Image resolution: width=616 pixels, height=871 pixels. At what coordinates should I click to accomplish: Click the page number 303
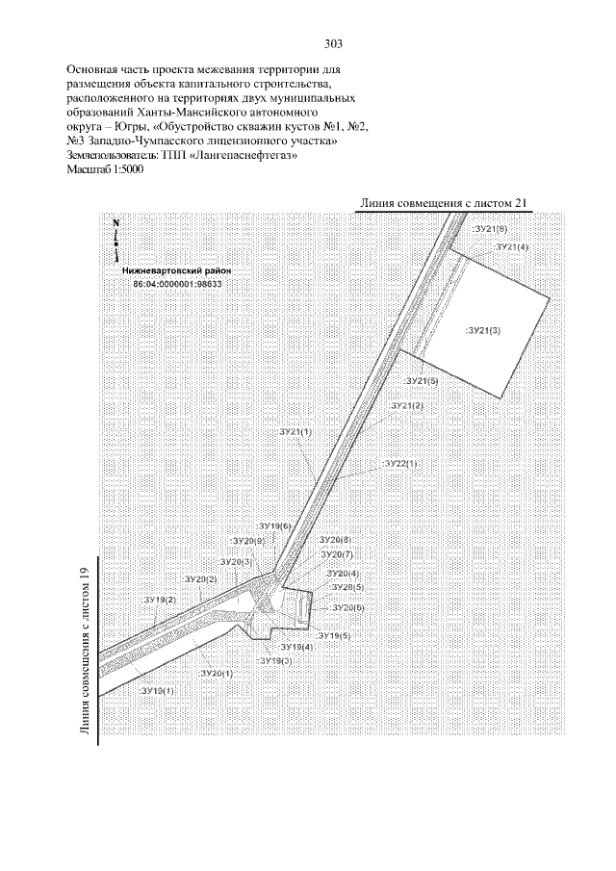coord(334,44)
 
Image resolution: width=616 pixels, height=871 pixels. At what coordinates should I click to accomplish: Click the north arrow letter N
coord(115,222)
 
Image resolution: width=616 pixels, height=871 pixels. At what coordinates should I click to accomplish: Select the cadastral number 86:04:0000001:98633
coord(177,284)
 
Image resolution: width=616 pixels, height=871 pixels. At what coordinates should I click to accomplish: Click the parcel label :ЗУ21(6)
coord(491,229)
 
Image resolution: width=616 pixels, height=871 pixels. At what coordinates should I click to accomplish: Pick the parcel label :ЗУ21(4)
coord(511,247)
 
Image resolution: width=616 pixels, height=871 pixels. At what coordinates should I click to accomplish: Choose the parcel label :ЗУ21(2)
coord(406,406)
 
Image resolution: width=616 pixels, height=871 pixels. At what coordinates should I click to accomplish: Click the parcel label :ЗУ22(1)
coord(400,464)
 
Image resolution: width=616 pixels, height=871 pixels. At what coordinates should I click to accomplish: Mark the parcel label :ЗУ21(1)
coord(295,433)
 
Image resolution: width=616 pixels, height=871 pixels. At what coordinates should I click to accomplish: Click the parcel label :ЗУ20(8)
coord(334,540)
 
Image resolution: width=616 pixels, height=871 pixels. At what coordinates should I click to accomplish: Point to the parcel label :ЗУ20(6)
coord(346,608)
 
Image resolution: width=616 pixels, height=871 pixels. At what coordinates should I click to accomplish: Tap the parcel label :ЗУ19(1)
coord(158,691)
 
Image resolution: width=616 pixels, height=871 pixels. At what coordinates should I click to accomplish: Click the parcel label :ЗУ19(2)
coord(159,600)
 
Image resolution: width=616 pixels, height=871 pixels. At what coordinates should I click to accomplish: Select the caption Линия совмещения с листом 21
coord(444,203)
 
